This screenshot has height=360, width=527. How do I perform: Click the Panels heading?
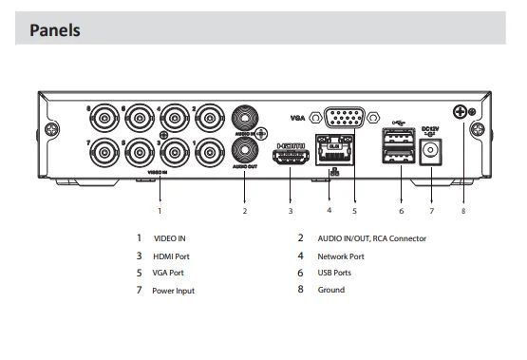55,30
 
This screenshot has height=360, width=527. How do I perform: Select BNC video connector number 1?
210,152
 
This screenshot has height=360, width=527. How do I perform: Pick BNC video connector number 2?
210,119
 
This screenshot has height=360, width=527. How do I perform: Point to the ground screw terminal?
462,112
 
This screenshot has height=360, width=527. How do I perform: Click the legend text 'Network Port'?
339,256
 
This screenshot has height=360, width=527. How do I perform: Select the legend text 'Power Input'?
173,291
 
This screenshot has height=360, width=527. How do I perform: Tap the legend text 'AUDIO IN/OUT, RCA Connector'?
371,239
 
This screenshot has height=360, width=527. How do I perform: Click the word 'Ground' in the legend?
330,290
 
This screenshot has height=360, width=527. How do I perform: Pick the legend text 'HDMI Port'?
172,256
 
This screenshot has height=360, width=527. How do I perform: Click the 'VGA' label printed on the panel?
300,118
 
